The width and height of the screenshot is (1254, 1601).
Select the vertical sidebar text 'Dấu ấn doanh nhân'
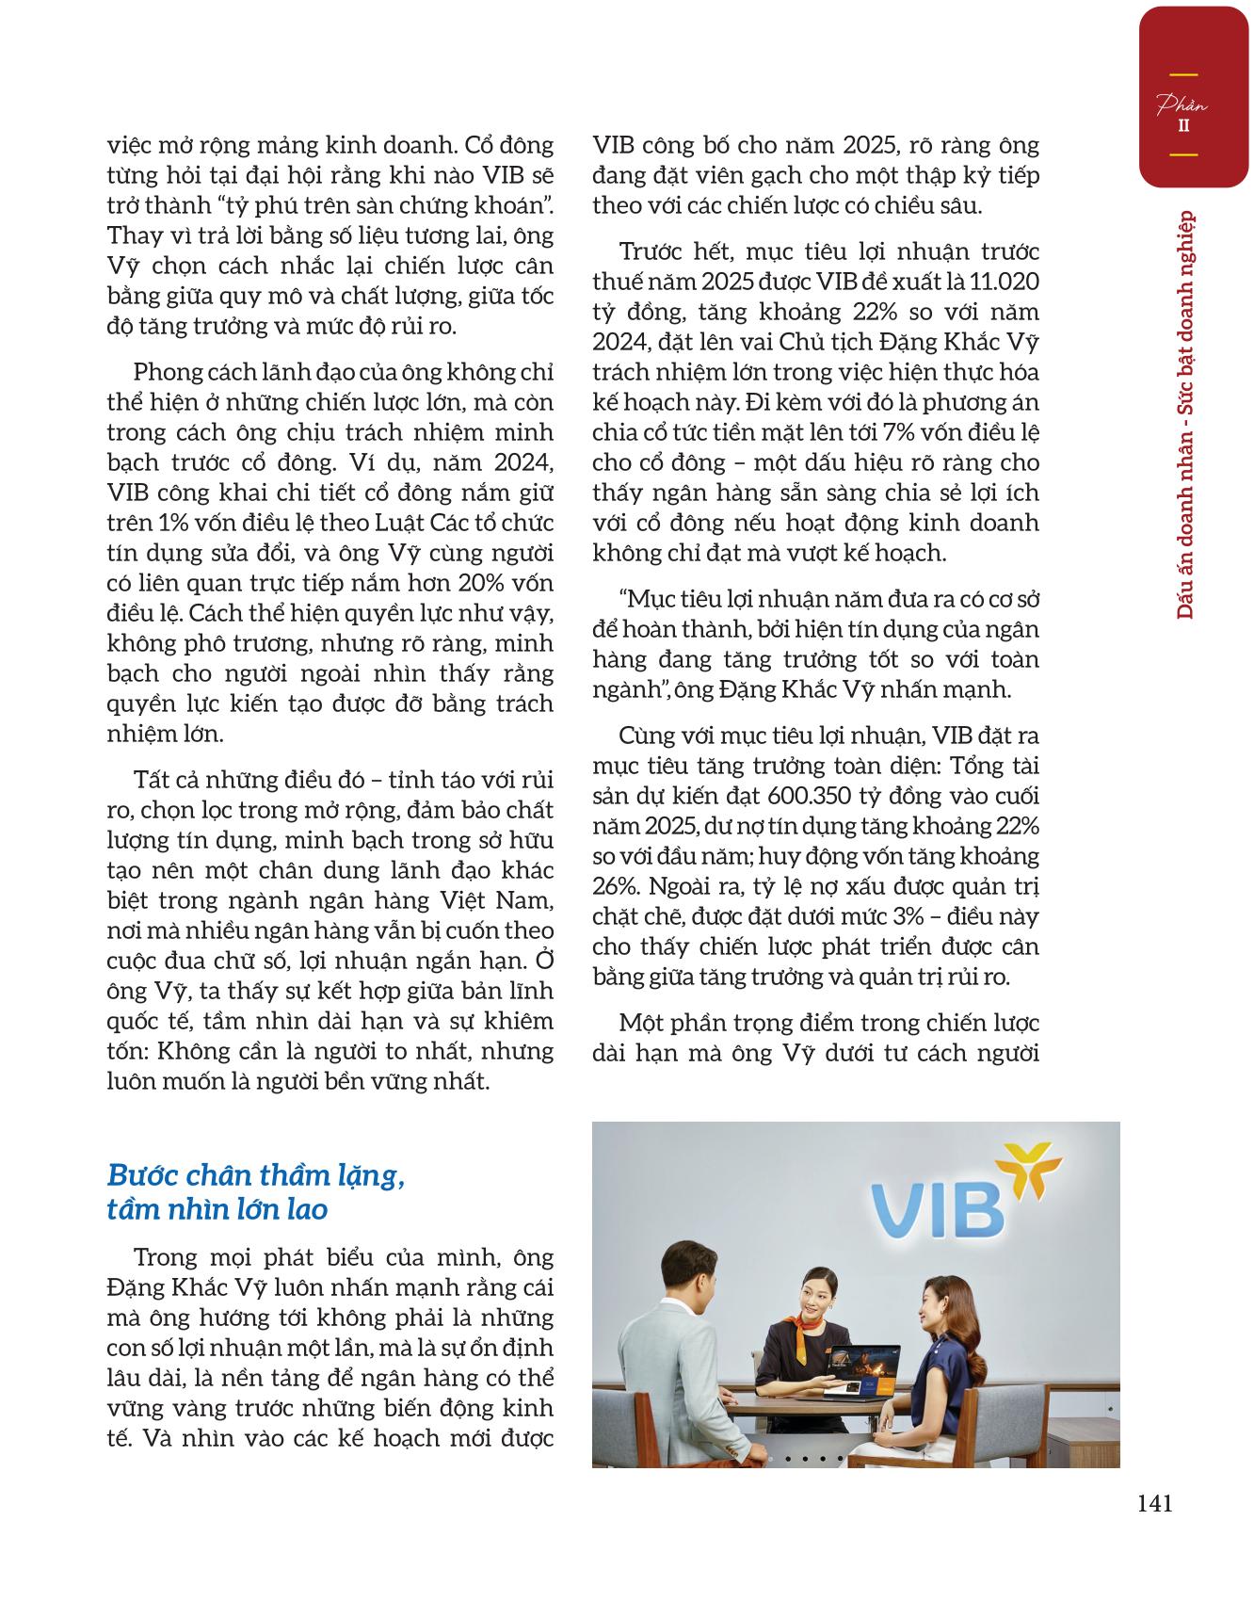1185,523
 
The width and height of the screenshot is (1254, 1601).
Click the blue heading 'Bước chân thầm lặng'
256,1176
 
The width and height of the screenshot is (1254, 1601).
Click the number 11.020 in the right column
1007,282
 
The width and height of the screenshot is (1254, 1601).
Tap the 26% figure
613,886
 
